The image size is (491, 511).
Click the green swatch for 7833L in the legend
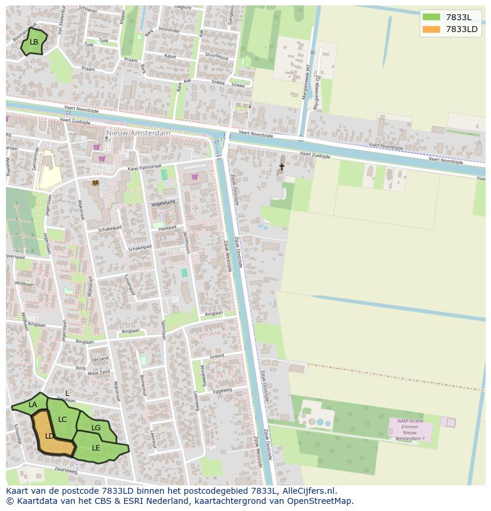(431, 17)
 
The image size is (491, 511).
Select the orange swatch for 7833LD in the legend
(431, 29)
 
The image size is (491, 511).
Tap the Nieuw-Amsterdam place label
(138, 133)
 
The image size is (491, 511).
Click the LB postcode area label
(34, 42)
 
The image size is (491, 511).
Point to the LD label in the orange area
(49, 436)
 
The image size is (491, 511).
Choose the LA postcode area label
(33, 405)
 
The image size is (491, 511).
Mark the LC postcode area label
(62, 420)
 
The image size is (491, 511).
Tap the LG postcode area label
(95, 427)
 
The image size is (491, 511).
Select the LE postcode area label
(96, 447)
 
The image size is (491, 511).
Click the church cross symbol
(282, 167)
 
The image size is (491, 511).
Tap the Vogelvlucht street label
(164, 202)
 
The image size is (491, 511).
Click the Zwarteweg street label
(65, 470)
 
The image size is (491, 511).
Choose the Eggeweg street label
(222, 392)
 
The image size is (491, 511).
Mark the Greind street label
(216, 356)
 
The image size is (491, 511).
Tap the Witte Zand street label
(98, 373)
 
